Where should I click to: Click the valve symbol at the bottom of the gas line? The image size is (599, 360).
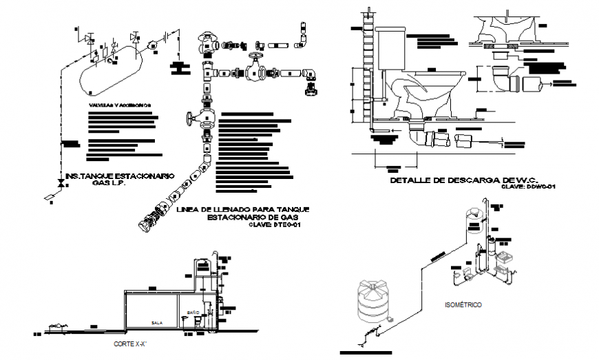pyautogui.click(x=61, y=184)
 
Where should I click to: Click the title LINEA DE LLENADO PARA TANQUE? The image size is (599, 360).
pyautogui.click(x=243, y=209)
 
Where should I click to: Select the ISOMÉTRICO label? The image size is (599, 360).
pyautogui.click(x=463, y=304)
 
